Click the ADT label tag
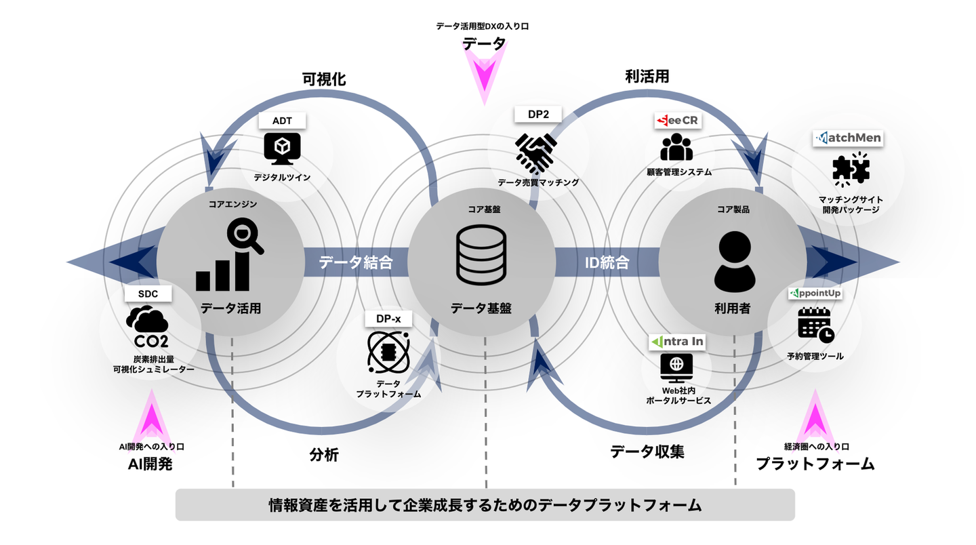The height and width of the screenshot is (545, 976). (x=282, y=121)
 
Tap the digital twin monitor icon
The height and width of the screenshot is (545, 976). (x=282, y=149)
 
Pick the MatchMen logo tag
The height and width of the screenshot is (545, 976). (x=847, y=138)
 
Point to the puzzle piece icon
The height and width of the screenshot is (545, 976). (x=850, y=170)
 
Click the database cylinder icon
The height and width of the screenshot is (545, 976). (x=481, y=255)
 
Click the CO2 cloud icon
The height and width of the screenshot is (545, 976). (x=148, y=327)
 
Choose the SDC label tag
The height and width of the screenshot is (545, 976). (x=148, y=294)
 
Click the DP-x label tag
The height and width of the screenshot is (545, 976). (x=388, y=318)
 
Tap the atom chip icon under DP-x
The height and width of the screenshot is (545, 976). (x=388, y=350)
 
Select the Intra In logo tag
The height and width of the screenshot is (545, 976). (x=676, y=342)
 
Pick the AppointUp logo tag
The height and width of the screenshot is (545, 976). (x=815, y=294)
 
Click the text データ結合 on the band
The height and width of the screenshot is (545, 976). (x=356, y=262)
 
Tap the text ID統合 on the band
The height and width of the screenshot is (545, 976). (x=607, y=262)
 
